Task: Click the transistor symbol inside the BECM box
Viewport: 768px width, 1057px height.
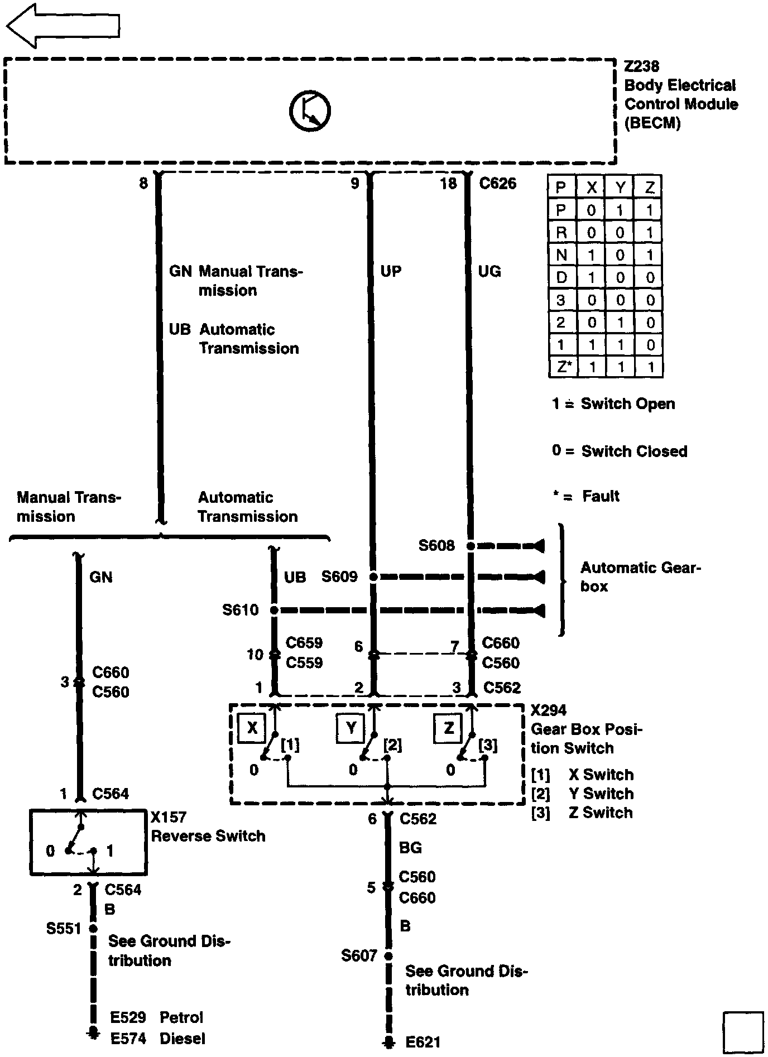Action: point(310,110)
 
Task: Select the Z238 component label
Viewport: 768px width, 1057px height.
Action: point(641,66)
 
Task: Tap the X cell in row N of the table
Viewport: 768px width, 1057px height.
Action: point(591,255)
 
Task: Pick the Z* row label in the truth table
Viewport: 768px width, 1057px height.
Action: point(563,367)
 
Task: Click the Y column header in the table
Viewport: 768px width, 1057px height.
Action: point(620,188)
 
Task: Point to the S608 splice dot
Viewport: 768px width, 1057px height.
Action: point(471,546)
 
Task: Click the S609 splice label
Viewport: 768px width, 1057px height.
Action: point(339,576)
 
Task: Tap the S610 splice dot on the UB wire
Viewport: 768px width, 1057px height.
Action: point(274,611)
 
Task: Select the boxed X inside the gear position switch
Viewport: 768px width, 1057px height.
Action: point(252,728)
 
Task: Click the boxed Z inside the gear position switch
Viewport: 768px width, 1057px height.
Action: point(449,728)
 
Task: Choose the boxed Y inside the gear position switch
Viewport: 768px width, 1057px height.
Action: point(351,728)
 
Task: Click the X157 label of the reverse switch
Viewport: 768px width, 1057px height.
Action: point(169,817)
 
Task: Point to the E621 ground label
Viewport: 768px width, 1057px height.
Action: point(423,1041)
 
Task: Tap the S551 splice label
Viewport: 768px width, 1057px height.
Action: point(64,929)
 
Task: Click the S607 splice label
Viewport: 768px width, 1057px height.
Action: point(359,956)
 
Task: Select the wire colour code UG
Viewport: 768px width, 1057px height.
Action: point(489,272)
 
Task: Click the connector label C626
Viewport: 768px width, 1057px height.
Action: point(498,184)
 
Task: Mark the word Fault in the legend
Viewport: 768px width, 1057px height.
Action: point(601,496)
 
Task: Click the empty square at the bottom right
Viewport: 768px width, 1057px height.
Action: point(743,1032)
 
